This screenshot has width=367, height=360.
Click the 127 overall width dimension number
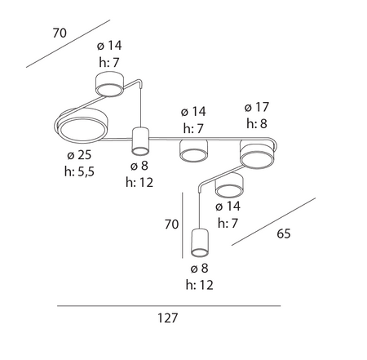[168, 318]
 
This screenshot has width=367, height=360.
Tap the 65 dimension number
[284, 233]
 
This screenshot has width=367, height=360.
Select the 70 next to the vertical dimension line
[171, 224]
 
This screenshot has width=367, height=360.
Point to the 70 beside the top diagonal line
[60, 33]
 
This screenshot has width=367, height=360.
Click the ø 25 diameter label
[79, 155]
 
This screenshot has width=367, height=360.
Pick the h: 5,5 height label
[79, 171]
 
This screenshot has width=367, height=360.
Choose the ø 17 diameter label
[257, 107]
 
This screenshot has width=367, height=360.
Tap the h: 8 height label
[257, 123]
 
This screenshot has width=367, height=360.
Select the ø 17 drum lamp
[257, 154]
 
